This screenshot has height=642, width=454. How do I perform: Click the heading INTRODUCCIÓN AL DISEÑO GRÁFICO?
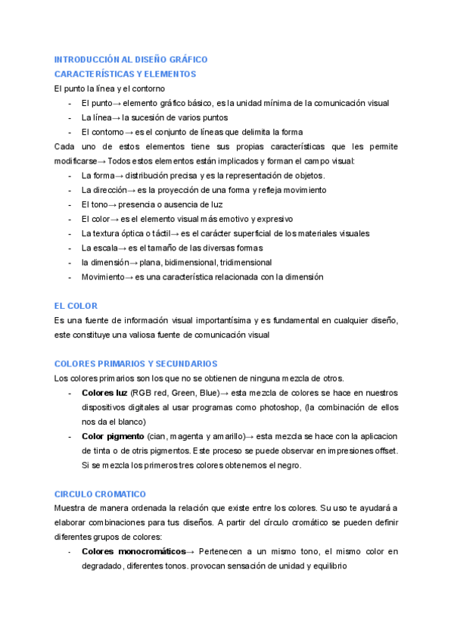131,59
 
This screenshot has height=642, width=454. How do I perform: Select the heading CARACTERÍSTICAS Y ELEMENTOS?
126,73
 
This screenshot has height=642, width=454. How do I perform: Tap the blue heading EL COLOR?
76,306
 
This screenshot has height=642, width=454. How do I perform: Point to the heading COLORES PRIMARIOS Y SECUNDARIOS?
136,364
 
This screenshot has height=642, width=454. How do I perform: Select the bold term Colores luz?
104,393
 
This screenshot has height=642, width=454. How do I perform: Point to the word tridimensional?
246,262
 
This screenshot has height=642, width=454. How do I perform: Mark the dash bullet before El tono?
70,204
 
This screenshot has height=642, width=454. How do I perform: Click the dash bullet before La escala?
70,248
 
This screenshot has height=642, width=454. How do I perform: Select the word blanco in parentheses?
127,422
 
